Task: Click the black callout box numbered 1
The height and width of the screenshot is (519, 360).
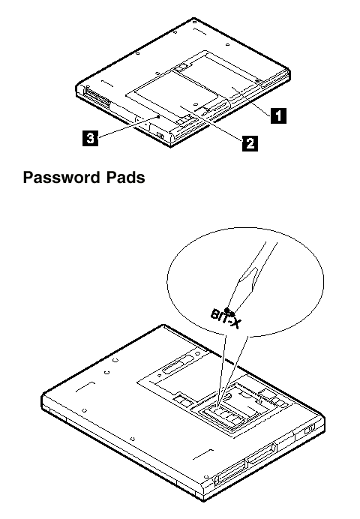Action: (x=278, y=115)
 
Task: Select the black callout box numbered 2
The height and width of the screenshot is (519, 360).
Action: (x=250, y=143)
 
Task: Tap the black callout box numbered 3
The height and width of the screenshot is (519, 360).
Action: (x=90, y=138)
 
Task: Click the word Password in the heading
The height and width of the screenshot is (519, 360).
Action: (x=61, y=178)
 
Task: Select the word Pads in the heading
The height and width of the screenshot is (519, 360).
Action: (x=126, y=177)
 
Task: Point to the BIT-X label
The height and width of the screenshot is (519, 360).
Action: (x=225, y=319)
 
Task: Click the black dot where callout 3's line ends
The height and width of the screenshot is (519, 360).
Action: (x=159, y=116)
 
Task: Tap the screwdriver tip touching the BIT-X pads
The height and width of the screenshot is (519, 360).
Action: (x=229, y=311)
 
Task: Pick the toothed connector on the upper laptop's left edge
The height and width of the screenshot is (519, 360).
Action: (x=97, y=96)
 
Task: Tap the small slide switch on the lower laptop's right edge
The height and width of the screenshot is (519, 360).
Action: (x=310, y=429)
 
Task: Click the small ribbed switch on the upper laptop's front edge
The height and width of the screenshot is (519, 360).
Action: (x=160, y=136)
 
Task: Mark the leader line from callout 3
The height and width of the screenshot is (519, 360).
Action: (x=128, y=127)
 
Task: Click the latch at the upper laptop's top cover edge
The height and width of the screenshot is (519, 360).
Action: (x=181, y=67)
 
